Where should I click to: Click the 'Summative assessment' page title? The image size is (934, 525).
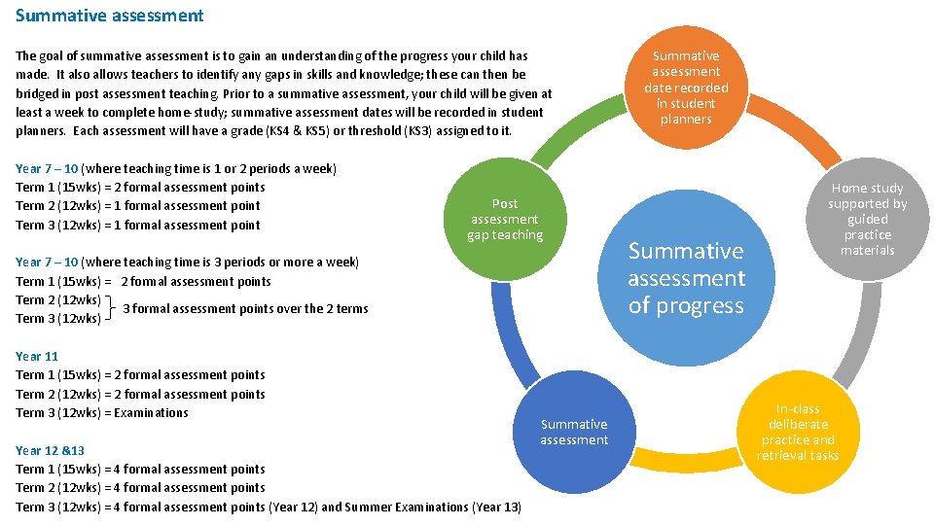coord(110,16)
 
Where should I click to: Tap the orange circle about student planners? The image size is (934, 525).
coord(686,87)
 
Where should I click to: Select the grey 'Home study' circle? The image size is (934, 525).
coord(867,219)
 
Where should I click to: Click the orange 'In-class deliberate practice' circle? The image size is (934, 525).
coord(797,432)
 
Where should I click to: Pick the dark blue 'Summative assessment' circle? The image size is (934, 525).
coord(574,432)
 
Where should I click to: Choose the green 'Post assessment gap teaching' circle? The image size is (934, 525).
coord(505,219)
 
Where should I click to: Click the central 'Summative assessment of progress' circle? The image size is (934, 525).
coord(686,277)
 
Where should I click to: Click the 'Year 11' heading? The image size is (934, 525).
coord(37,356)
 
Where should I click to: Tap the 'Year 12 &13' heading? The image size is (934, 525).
coord(51,450)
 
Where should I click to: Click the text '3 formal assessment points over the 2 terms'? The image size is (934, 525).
coord(245,309)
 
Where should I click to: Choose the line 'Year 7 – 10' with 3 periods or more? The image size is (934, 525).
coord(187,262)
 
